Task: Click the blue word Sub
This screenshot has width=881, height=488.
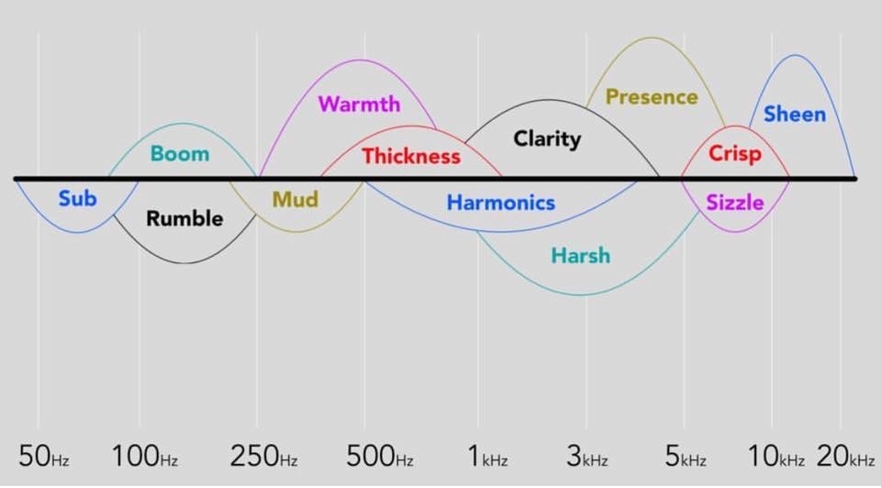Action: [x=77, y=198]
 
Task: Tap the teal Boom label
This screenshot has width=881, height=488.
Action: [x=180, y=153]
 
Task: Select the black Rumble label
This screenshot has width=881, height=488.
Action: [x=184, y=218]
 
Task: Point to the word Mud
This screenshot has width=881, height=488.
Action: [x=296, y=199]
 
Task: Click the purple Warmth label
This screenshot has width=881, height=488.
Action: [x=359, y=104]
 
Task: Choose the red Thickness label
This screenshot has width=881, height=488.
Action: [x=410, y=156]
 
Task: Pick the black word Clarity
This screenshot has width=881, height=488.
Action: [x=547, y=139]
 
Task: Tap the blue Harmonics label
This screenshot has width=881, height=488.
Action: [x=500, y=203]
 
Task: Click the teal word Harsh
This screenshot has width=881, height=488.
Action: [x=580, y=255]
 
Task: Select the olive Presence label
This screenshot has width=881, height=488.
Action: [x=652, y=96]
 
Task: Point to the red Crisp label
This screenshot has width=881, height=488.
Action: [x=734, y=153]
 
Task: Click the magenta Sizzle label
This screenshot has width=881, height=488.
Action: [x=734, y=202]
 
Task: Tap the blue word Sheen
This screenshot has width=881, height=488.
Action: [x=795, y=115]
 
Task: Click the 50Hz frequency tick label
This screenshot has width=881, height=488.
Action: [x=44, y=456]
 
